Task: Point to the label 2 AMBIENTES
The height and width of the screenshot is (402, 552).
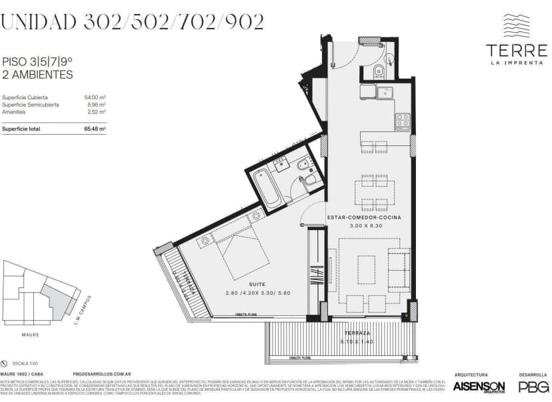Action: (37, 75)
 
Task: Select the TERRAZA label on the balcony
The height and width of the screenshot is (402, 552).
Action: (357, 333)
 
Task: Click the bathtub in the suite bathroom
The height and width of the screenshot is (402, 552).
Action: (262, 187)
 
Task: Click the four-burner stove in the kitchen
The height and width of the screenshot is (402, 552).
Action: (403, 121)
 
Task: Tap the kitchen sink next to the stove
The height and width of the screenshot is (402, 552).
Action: (385, 92)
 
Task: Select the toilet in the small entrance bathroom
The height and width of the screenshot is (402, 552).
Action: (379, 71)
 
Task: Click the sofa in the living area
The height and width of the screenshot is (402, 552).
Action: (399, 269)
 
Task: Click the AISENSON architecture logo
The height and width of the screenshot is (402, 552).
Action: (479, 386)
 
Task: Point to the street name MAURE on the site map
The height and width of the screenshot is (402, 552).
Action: (29, 335)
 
